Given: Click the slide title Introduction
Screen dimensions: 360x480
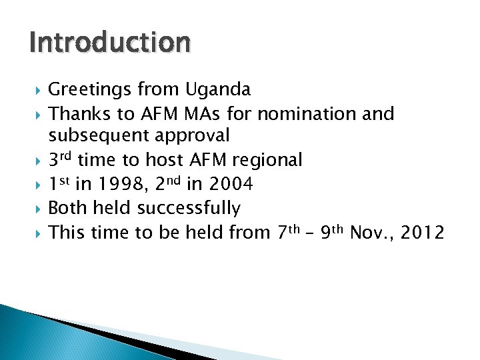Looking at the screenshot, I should pyautogui.click(x=110, y=43).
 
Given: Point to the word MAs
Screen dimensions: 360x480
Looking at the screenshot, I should pyautogui.click(x=208, y=114).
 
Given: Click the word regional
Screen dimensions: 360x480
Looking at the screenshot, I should pyautogui.click(x=267, y=160).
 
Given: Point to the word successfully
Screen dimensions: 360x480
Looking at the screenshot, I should pyautogui.click(x=189, y=208).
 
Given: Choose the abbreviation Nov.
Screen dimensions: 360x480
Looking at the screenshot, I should pyautogui.click(x=370, y=232).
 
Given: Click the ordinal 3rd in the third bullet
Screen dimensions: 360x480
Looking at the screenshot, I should pyautogui.click(x=61, y=159).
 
